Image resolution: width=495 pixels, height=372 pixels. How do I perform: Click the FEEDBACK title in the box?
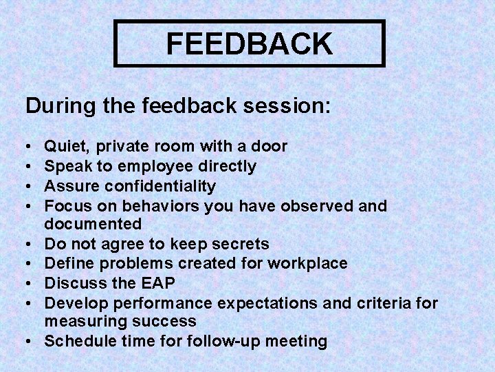[x=249, y=43]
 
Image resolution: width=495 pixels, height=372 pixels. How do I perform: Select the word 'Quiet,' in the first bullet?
[x=67, y=146]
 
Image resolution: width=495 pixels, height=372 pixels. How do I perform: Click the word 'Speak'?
[x=65, y=166]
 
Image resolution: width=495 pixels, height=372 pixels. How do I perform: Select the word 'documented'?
[x=93, y=224]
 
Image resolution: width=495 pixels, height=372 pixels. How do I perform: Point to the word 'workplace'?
[x=311, y=263]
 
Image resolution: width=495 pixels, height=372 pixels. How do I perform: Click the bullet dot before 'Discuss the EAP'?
[x=28, y=283]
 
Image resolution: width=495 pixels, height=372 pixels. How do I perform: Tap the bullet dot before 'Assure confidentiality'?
[x=28, y=186]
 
